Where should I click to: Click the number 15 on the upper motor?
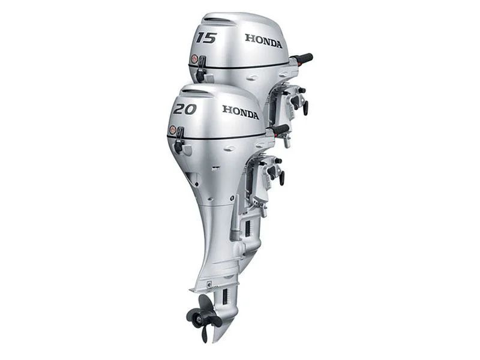pos(206,38)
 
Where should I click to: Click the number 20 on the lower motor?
pos(185,109)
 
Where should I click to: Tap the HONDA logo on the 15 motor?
pos(263,41)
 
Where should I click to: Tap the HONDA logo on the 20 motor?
pos(241,112)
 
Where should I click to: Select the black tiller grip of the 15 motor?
pos(304,58)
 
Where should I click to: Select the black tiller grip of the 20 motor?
pos(281,130)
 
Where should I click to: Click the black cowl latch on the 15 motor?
pos(201,69)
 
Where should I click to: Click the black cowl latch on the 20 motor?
pos(179,140)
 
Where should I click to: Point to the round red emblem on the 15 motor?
pos(194,58)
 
